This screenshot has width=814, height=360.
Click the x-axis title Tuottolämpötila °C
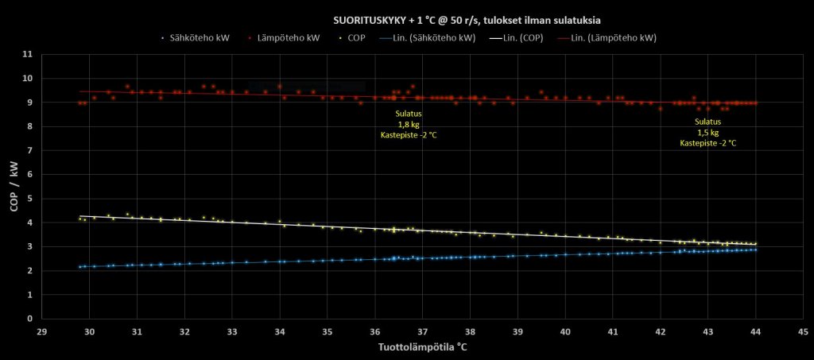coord(422,346)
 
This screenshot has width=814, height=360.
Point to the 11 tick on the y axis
coord(28,54)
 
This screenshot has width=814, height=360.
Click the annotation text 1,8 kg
coord(409,124)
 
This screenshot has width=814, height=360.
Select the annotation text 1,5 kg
coord(707,132)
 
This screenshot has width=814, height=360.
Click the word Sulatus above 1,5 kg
coord(707,122)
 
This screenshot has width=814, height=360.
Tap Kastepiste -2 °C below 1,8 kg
coord(409,135)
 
